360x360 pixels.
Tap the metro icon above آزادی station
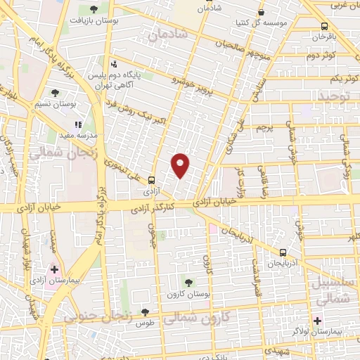coord(150,180)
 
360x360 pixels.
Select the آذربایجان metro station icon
coord(283,252)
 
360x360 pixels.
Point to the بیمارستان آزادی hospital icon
coord(53,269)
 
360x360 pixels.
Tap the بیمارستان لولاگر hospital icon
coord(318,321)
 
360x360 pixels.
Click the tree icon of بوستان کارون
coord(187,282)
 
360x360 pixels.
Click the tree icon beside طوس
coord(144,311)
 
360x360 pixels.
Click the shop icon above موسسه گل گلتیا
coord(262,12)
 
